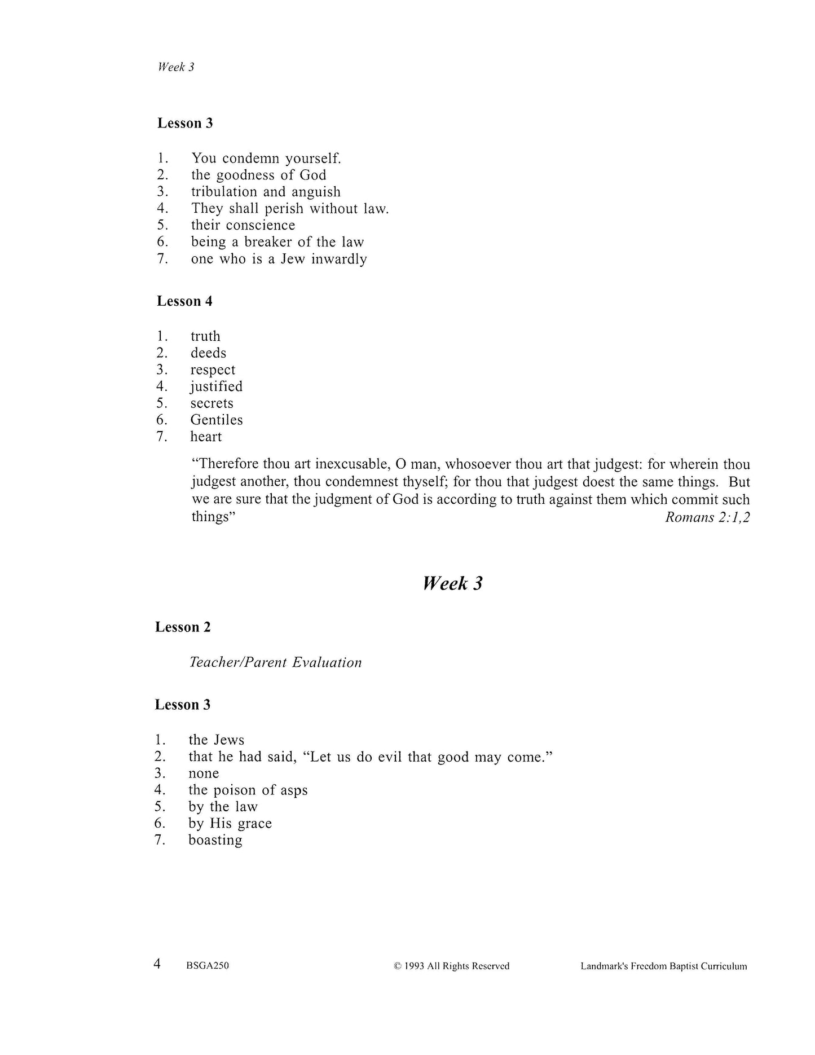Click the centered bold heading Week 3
point(452,583)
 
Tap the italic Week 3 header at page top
point(176,67)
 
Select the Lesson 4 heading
point(184,301)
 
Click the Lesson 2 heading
point(183,627)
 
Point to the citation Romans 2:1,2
point(707,517)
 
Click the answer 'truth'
point(205,336)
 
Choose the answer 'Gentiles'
point(217,420)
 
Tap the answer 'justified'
point(217,386)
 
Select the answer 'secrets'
point(212,403)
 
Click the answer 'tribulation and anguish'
point(266,192)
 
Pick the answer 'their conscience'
point(243,225)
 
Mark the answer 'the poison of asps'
point(248,790)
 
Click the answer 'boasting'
point(215,840)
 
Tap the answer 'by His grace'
point(230,824)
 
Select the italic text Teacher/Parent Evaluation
point(275,662)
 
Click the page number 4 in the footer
point(157,964)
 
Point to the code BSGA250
point(207,966)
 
